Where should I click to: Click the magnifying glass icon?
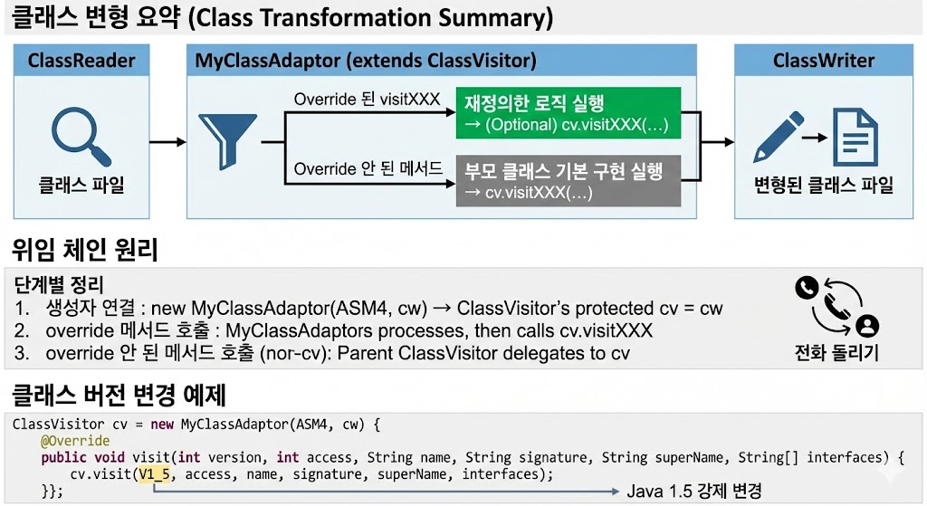pos(79,133)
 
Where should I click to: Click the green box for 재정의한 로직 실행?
pos(567,113)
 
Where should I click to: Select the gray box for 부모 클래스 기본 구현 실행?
pos(567,180)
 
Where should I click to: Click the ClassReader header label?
pos(81,62)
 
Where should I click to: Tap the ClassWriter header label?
pos(823,62)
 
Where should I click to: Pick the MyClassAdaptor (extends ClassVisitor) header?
pos(367,62)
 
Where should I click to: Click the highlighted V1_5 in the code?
pos(156,474)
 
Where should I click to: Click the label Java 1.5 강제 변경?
pos(693,491)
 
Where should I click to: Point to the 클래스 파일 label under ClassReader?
pos(81,186)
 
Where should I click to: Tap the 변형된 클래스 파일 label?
pos(824,186)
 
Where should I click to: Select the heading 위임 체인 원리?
pos(86,249)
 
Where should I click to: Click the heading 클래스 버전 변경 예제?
pos(118,396)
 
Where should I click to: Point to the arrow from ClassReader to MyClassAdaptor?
pos(167,141)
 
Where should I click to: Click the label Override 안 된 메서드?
pos(368,168)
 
